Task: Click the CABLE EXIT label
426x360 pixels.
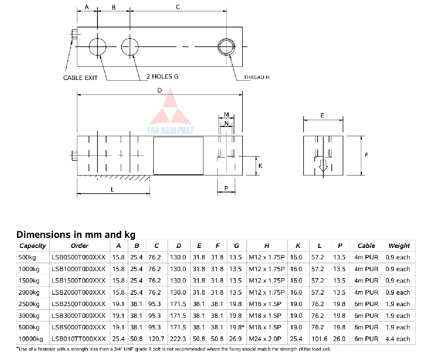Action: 80,78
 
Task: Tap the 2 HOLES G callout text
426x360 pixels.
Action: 162,76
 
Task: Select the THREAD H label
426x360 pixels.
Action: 257,77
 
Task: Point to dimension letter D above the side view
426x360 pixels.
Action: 160,90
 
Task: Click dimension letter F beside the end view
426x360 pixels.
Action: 366,155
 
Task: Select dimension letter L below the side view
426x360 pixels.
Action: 112,189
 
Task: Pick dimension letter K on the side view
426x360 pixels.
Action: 260,166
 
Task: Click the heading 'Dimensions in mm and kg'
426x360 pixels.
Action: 76,235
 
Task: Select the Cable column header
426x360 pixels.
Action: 366,246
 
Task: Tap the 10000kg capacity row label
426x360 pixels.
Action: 31,339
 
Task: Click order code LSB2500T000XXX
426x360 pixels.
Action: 78,304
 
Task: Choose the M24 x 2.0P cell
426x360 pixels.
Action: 266,339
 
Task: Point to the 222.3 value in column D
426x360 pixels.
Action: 178,339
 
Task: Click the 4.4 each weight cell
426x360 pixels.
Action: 399,339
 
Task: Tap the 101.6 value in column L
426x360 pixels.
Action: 319,339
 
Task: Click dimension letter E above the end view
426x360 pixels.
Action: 322,115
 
